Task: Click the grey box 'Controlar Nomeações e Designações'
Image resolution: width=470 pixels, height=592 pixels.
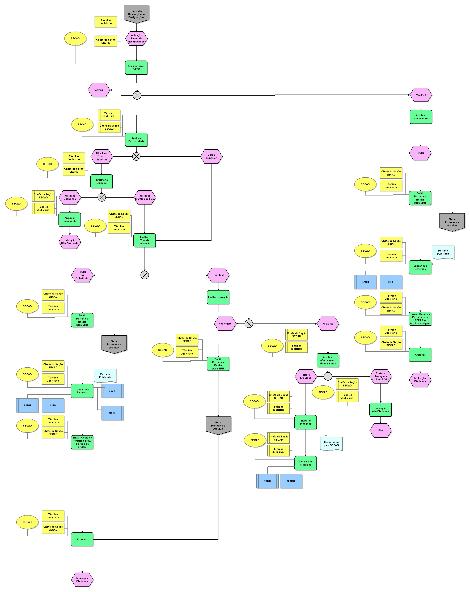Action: (x=136, y=14)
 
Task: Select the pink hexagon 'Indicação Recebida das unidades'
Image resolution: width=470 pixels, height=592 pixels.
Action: (x=136, y=39)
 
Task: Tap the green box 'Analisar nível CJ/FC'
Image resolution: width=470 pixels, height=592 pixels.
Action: (x=136, y=67)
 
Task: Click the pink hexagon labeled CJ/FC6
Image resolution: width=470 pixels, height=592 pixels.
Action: (x=99, y=90)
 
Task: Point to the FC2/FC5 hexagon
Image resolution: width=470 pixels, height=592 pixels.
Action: (x=421, y=95)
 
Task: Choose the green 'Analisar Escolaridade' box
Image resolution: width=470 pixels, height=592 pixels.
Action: (x=136, y=140)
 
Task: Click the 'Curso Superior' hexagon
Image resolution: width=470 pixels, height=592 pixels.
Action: (x=211, y=156)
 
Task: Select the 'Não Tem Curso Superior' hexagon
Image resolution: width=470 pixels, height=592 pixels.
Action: (x=102, y=156)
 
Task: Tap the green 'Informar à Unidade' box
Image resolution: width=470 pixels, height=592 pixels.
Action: (x=102, y=181)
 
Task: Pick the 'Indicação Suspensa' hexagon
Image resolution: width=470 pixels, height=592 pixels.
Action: (x=70, y=197)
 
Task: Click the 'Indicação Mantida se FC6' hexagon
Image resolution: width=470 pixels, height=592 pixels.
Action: (x=145, y=197)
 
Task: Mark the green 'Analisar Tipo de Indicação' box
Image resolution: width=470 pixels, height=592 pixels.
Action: (x=145, y=240)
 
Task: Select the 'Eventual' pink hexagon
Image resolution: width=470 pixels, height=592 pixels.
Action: (x=218, y=275)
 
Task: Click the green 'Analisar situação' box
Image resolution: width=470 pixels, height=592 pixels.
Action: (x=218, y=297)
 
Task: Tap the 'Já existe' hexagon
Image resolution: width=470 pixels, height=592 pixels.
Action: (x=328, y=324)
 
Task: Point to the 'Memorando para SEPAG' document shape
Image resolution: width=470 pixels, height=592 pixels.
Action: (x=331, y=444)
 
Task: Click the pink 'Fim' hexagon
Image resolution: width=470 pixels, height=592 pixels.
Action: (x=380, y=431)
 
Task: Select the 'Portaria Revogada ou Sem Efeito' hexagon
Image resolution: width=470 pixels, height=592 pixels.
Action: (x=380, y=376)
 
